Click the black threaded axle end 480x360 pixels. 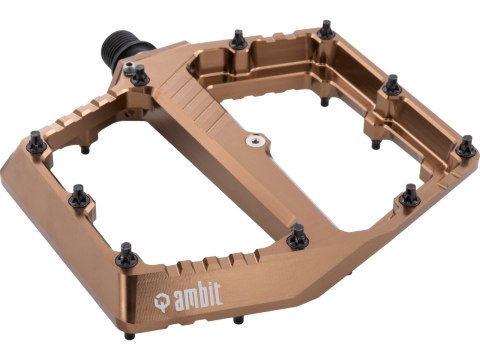click(x=119, y=47)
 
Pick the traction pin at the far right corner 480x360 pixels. click(x=466, y=147)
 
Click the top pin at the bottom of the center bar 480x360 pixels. click(x=296, y=235)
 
